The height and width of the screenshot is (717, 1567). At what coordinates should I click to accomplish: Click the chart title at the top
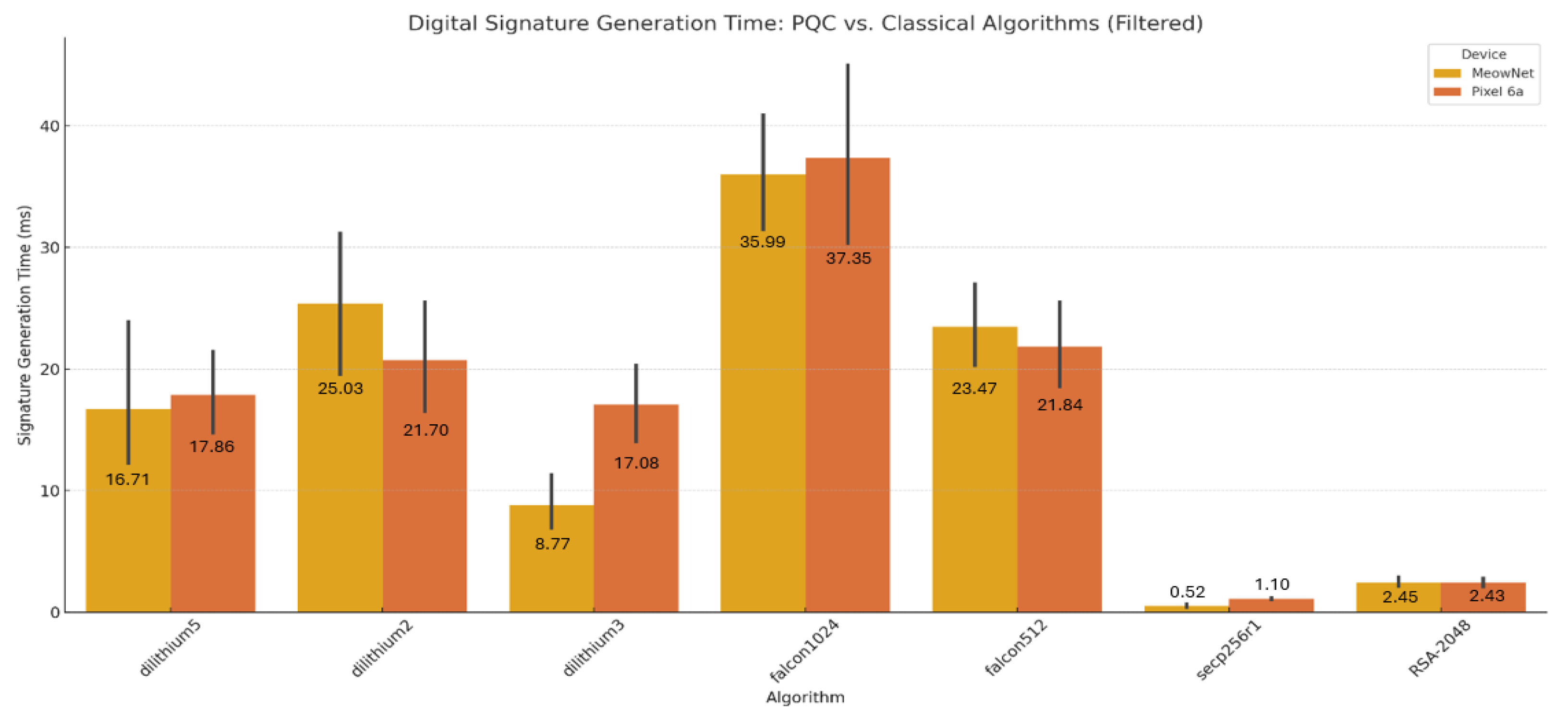point(805,23)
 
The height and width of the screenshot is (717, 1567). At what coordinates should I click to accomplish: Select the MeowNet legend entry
point(1501,73)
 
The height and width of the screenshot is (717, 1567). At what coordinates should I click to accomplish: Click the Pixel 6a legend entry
point(1496,91)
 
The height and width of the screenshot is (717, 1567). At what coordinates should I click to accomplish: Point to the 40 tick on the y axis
point(50,126)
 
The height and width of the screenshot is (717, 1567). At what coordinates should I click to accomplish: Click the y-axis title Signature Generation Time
point(24,325)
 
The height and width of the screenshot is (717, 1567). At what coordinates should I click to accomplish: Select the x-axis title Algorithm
point(805,696)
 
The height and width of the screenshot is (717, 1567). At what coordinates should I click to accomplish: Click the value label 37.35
point(848,258)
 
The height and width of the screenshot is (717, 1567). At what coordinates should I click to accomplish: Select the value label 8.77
point(552,543)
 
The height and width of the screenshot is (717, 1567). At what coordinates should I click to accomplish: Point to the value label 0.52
point(1187,591)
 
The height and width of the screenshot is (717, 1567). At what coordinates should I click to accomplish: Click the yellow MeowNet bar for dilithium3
point(552,572)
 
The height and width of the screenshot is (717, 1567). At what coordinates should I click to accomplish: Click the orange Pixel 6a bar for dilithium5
point(212,523)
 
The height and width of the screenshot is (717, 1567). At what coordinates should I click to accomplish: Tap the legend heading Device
point(1483,54)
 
